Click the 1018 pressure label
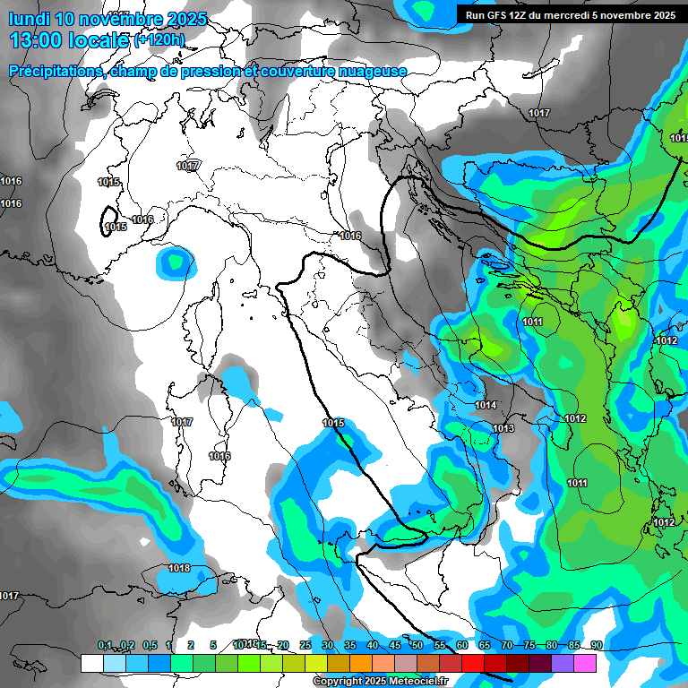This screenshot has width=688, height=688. [x=179, y=568]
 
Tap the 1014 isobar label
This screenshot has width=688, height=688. [x=486, y=405]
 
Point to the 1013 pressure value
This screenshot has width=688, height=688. [x=503, y=429]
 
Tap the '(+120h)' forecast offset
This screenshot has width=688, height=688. [x=159, y=40]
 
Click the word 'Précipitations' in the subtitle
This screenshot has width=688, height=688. [x=55, y=71]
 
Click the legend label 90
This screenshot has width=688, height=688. [x=596, y=645]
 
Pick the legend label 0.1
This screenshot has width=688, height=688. [x=105, y=645]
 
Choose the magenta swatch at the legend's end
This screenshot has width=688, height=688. [x=585, y=663]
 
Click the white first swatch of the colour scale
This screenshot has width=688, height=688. [x=91, y=663]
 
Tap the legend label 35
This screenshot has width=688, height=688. [x=350, y=645]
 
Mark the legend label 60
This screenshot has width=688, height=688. [x=462, y=645]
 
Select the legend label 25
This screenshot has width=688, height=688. [x=305, y=645]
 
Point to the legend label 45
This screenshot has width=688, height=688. [x=395, y=645]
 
